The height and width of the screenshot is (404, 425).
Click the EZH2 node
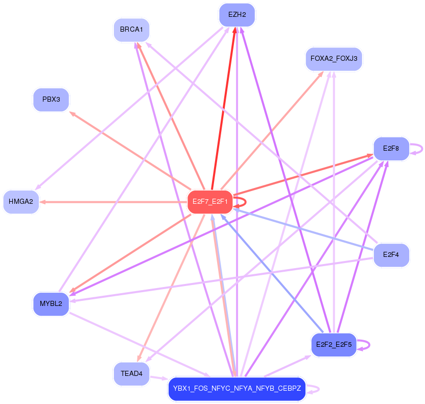click(237, 15)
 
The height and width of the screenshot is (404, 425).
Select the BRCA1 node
click(131, 30)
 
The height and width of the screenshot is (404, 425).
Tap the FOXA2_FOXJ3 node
click(334, 59)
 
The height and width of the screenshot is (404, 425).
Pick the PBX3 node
click(51, 100)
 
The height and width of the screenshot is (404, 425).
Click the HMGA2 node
click(21, 202)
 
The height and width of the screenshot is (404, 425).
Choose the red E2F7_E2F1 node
click(210, 202)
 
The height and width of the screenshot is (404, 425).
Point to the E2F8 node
click(391, 149)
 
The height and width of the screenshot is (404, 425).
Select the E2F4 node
click(391, 255)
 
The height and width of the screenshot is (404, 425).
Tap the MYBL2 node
click(51, 304)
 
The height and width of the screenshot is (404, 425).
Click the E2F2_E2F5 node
click(334, 345)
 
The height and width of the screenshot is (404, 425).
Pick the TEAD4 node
click(131, 374)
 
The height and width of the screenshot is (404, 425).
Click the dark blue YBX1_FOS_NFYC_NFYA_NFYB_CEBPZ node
click(237, 389)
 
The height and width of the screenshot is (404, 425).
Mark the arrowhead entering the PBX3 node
click(72, 114)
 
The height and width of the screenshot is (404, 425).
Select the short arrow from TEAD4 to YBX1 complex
click(159, 378)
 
